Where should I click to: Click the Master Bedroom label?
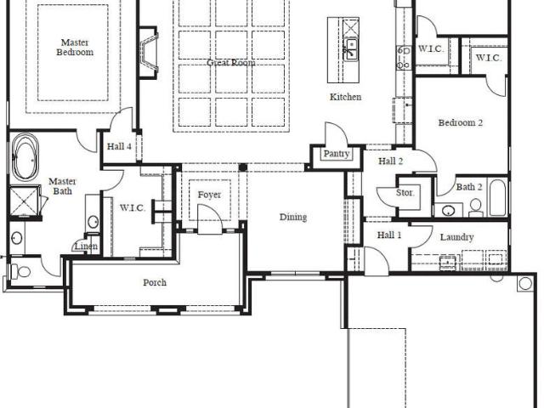click(75, 48)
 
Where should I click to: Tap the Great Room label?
click(231, 63)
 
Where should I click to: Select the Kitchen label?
click(345, 97)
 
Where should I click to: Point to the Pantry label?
click(337, 154)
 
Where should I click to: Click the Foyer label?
click(209, 195)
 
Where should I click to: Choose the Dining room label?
click(293, 218)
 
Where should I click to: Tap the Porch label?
click(155, 283)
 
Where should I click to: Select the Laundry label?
click(457, 238)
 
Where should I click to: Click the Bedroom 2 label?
click(461, 122)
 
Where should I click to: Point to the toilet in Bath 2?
click(476, 207)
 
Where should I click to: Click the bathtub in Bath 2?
click(497, 197)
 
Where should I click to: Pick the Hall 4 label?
click(119, 146)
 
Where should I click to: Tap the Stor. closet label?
click(405, 193)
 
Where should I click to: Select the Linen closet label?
click(87, 246)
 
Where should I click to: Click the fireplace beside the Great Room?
click(149, 53)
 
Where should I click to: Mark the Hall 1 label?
click(389, 235)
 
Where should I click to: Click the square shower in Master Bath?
click(25, 201)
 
